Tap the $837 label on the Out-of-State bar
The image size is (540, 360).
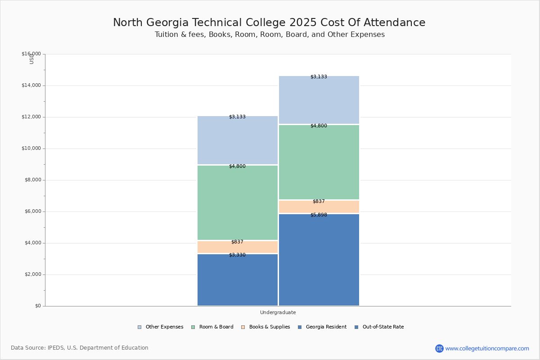(x=319, y=201)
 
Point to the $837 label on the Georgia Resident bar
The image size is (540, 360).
(x=237, y=242)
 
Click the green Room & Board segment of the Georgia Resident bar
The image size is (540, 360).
(x=238, y=202)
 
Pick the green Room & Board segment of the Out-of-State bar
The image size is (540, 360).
(x=319, y=162)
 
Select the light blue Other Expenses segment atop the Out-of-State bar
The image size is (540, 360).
(x=319, y=100)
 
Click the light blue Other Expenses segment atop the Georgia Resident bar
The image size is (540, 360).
(x=238, y=140)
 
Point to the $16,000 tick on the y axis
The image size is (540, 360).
(x=31, y=54)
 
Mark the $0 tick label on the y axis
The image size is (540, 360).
(x=37, y=306)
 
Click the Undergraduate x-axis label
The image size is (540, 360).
(x=278, y=312)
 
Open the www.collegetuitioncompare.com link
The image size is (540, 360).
(x=487, y=348)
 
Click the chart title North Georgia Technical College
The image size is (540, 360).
(x=269, y=22)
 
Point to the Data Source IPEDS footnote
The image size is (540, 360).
(x=80, y=348)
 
